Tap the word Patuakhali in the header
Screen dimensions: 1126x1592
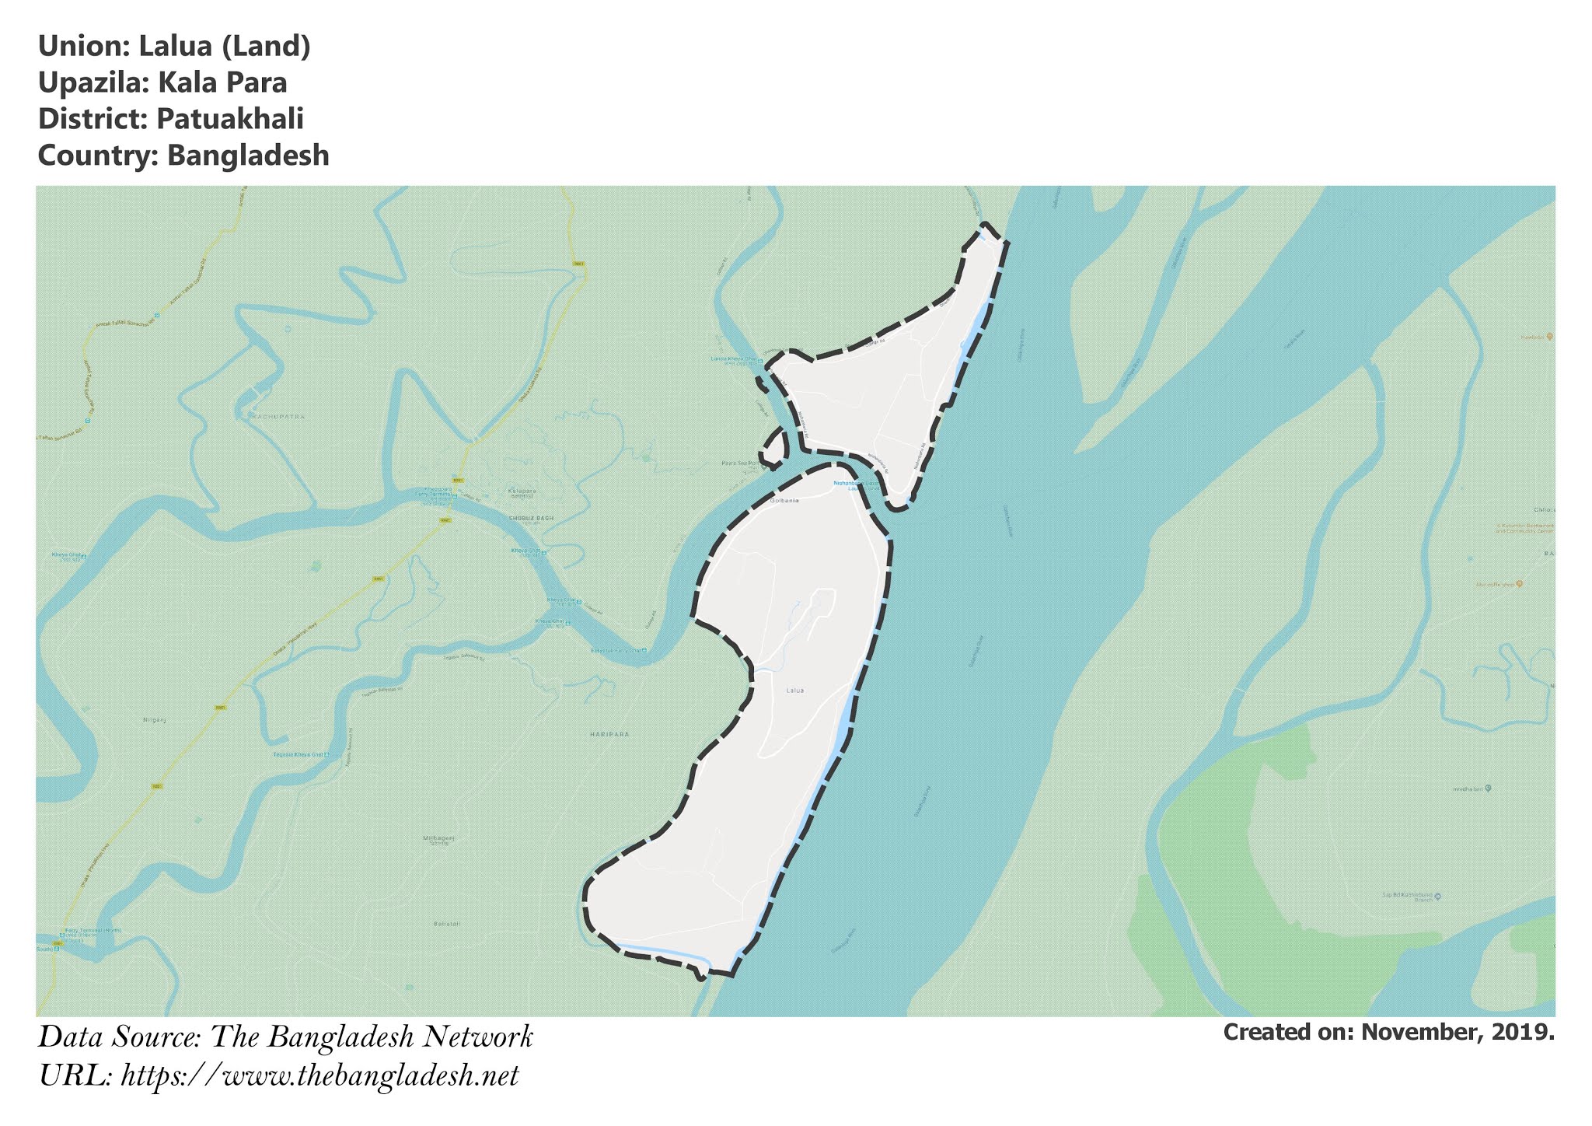pyautogui.click(x=230, y=119)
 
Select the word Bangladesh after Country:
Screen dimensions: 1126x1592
pyautogui.click(x=248, y=156)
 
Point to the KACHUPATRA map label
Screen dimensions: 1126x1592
pyautogui.click(x=278, y=417)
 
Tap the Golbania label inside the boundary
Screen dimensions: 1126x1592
pyautogui.click(x=784, y=501)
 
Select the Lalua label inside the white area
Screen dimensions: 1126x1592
pyautogui.click(x=794, y=690)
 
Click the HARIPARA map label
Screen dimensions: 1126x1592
pyautogui.click(x=609, y=734)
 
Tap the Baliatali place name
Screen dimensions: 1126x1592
pyautogui.click(x=447, y=924)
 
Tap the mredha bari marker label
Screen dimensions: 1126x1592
pyautogui.click(x=1468, y=789)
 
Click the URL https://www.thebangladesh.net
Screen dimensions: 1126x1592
pyautogui.click(x=319, y=1077)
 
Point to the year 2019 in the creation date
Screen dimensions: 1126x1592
pyautogui.click(x=1523, y=1033)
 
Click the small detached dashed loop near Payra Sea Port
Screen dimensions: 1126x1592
pyautogui.click(x=774, y=447)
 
